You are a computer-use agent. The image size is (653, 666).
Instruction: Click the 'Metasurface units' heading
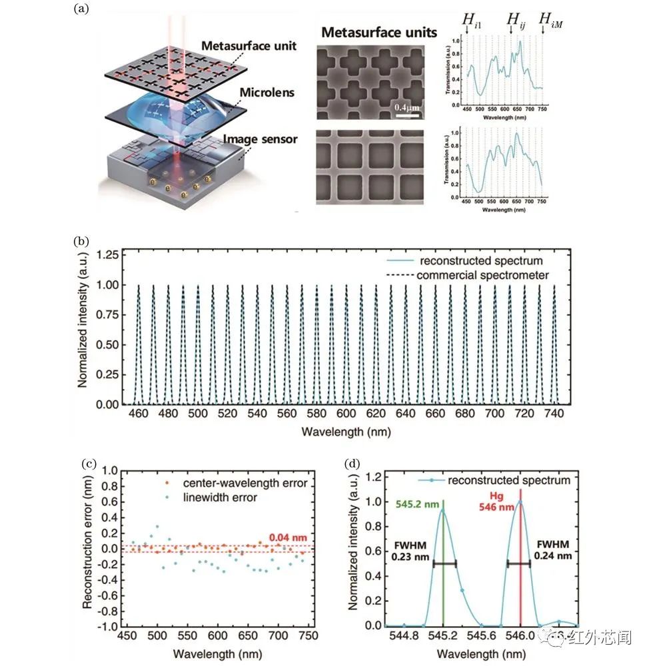pyautogui.click(x=379, y=32)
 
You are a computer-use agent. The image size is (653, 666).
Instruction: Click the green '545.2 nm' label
pyautogui.click(x=416, y=504)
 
